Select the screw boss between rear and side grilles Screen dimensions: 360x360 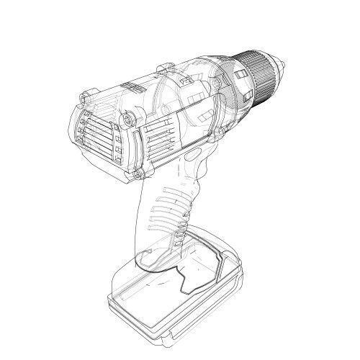[x=130, y=117]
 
